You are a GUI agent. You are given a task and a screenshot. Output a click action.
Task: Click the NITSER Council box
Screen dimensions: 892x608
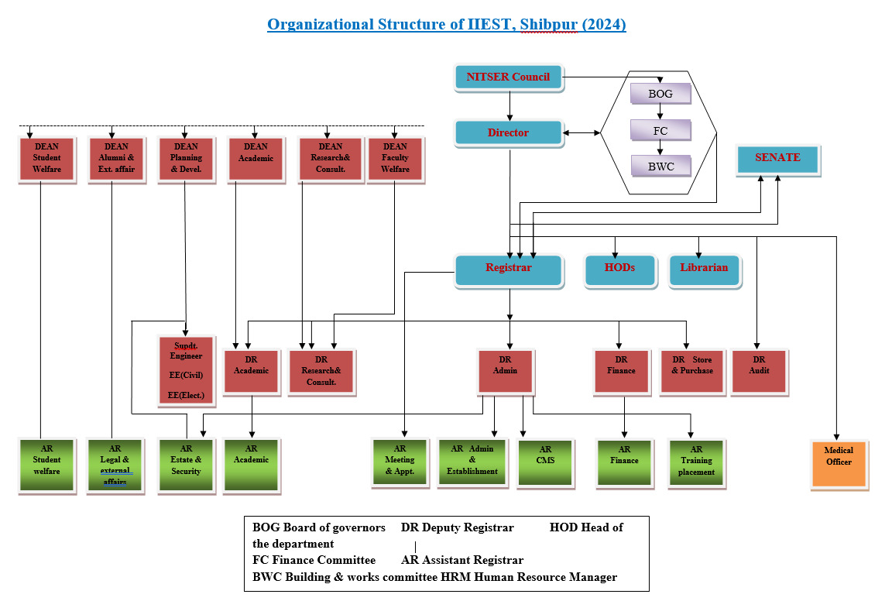[x=509, y=77]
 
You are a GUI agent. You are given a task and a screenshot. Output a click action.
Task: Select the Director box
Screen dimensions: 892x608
[x=509, y=132]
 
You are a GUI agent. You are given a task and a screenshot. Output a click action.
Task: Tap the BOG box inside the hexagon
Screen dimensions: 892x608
[x=660, y=94]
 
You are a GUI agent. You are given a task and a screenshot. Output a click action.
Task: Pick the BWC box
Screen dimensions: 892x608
[x=661, y=167]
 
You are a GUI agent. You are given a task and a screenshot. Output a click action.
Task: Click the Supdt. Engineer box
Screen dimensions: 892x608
[x=186, y=371]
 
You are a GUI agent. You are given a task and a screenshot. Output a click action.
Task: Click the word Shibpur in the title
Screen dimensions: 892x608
[x=548, y=25]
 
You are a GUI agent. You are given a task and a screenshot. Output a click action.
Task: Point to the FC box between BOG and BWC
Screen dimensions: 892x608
[x=660, y=130]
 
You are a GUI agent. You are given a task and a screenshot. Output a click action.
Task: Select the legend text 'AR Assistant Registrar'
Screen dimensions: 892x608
[x=462, y=560]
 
